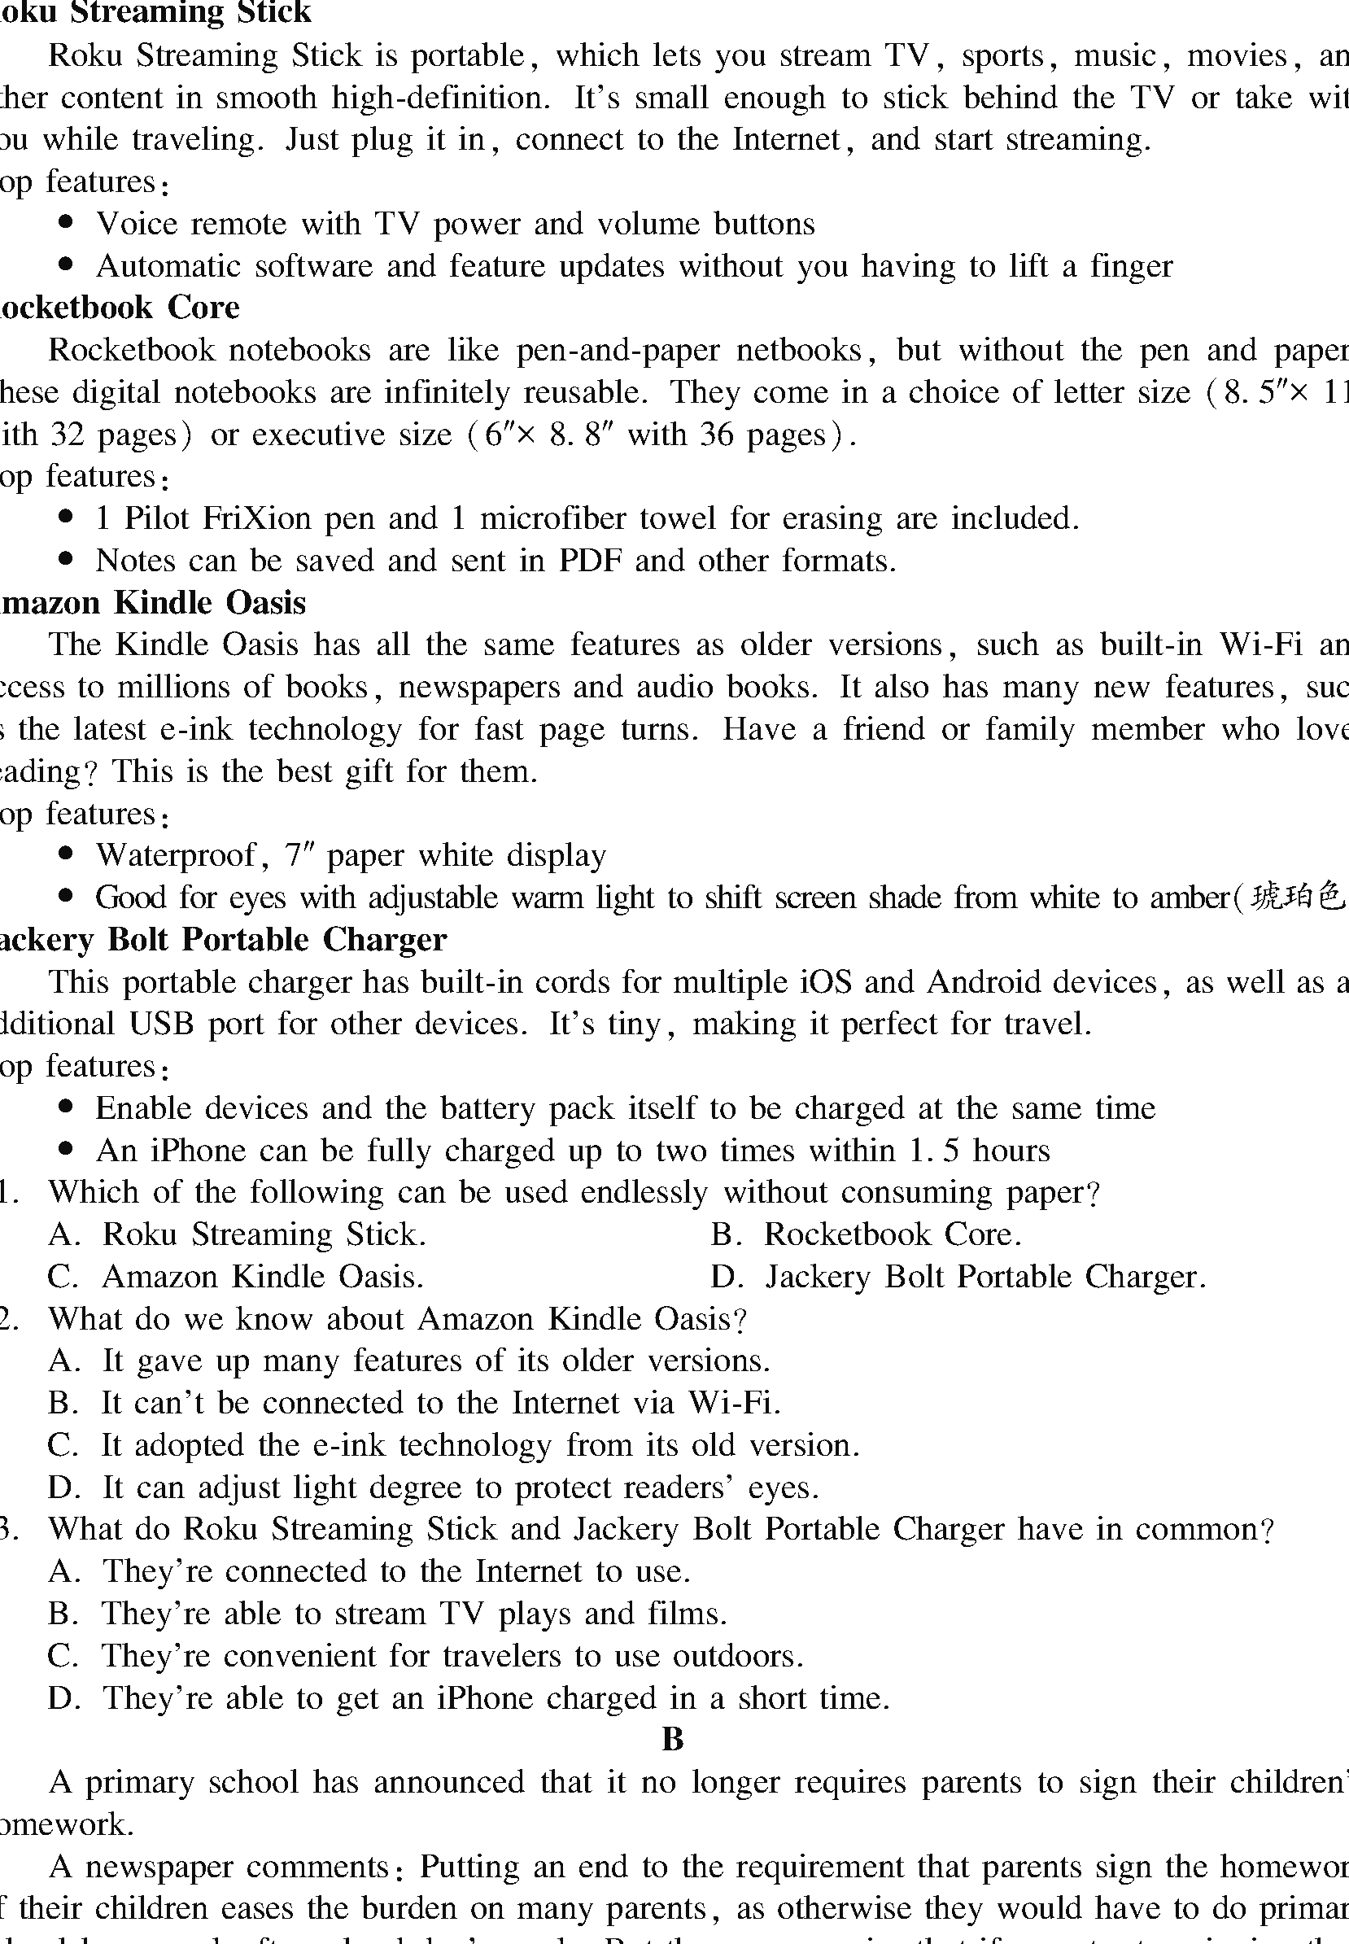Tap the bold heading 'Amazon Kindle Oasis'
pos(152,603)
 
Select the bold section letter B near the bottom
pos(673,1740)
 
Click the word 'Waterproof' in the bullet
pos(176,855)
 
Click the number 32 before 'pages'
pos(66,435)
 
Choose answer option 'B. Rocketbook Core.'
pos(867,1234)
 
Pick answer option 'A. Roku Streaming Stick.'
pos(238,1234)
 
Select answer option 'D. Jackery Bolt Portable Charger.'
pos(958,1276)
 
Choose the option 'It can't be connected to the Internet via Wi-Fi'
pos(414,1403)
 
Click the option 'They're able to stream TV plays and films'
pos(388,1614)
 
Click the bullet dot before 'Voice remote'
pos(67,223)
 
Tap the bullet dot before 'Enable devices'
pos(67,1107)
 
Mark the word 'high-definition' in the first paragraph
pos(440,97)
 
